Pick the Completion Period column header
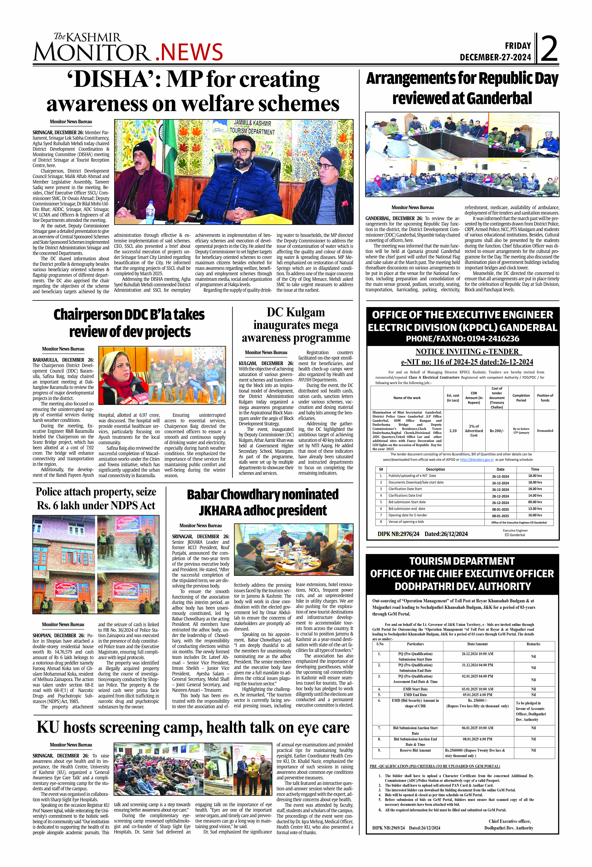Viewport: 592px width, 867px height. click(x=521, y=398)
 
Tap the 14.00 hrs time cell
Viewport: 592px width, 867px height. click(x=535, y=495)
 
